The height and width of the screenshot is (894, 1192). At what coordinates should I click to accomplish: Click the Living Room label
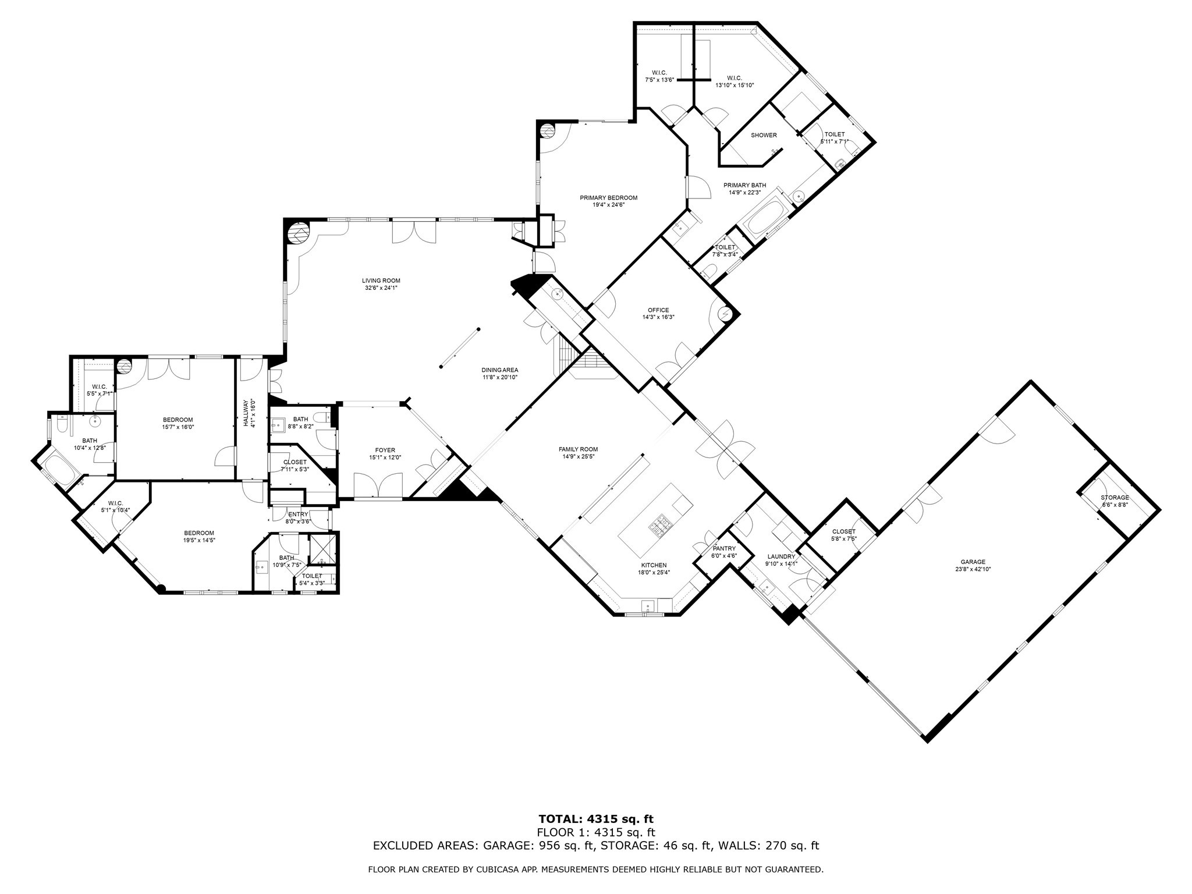(x=381, y=281)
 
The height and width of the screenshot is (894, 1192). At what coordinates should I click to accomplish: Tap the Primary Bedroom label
(x=608, y=198)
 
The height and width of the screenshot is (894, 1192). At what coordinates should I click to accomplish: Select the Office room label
(x=658, y=310)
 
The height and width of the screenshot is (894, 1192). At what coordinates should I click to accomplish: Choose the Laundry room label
(x=781, y=556)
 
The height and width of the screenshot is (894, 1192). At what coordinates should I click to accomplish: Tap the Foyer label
(x=385, y=450)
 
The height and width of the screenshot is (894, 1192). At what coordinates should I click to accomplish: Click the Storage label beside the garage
(x=1115, y=498)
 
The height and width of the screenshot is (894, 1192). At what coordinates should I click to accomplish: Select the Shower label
(x=764, y=135)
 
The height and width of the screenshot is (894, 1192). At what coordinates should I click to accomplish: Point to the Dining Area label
(x=499, y=370)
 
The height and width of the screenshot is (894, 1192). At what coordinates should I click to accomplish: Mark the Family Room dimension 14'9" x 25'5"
(x=578, y=457)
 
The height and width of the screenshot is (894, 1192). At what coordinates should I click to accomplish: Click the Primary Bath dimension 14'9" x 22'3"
(x=744, y=193)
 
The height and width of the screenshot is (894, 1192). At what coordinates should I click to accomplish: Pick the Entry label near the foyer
(x=298, y=515)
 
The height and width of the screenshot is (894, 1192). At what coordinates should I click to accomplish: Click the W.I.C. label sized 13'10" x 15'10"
(x=734, y=78)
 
